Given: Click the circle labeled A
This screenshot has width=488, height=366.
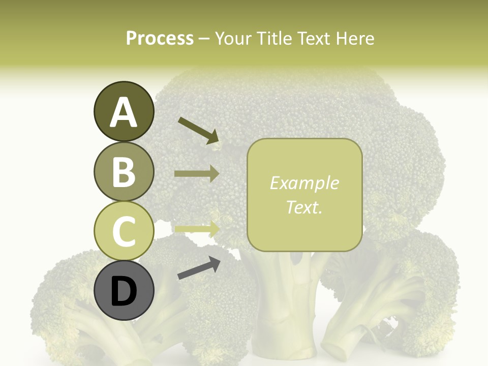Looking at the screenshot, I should coord(124,112).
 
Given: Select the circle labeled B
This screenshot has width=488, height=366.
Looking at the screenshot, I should coord(124,172).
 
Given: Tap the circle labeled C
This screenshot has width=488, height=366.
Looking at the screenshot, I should coord(124,231).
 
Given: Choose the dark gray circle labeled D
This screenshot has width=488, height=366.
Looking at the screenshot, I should coord(124,291).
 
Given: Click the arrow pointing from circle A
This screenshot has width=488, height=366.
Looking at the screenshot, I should coord(198,130).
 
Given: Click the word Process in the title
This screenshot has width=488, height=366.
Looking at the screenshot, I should coord(160,38).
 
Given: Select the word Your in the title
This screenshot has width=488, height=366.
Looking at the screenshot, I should coord(234,38).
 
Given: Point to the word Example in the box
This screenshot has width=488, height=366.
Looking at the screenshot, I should coord(304,183).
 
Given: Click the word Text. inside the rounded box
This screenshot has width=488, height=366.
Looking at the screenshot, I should coord(304,207).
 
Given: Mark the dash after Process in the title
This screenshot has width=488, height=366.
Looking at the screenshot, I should coord(204,39).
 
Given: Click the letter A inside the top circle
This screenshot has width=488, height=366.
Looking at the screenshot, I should coord(124,112).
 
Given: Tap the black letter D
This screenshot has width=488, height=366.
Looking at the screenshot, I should coord(124,291).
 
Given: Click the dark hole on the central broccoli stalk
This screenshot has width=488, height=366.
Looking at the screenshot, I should coord(296,259).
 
